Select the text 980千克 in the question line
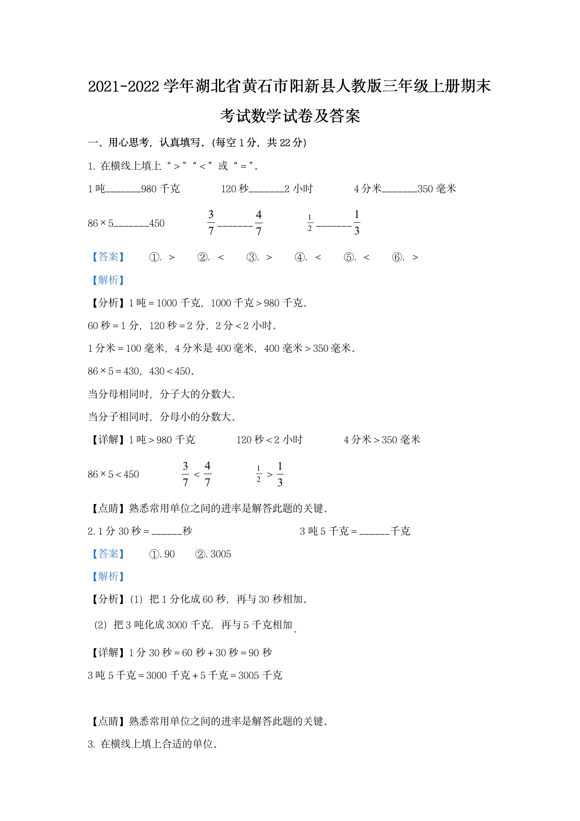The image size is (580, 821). click(x=160, y=189)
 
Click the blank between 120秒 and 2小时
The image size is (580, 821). click(x=266, y=189)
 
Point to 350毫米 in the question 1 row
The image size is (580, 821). click(x=437, y=189)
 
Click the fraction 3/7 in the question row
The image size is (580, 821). click(x=211, y=223)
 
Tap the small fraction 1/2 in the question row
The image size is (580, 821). click(x=310, y=223)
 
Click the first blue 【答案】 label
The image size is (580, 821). click(x=108, y=257)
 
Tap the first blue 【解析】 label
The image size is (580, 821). click(x=108, y=280)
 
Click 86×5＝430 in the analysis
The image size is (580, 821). click(x=113, y=371)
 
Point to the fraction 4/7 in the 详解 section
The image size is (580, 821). click(x=207, y=474)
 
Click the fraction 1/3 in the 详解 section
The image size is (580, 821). click(x=280, y=474)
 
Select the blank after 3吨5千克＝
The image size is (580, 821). click(x=374, y=532)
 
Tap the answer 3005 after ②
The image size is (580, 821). click(x=221, y=554)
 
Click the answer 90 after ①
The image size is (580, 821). click(x=169, y=554)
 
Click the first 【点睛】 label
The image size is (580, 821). click(x=108, y=509)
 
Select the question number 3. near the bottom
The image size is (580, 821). click(x=91, y=744)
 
